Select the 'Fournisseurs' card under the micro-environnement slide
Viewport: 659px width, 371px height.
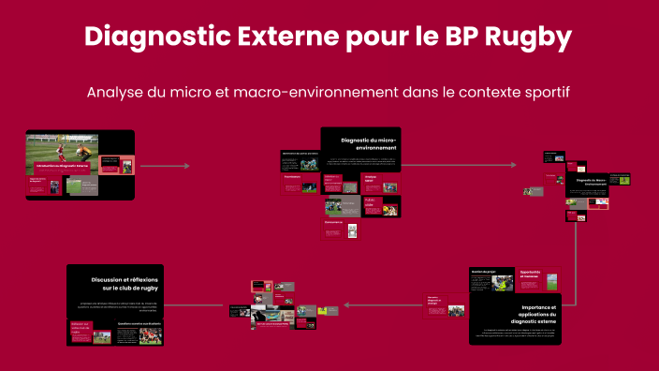click(293, 176)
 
